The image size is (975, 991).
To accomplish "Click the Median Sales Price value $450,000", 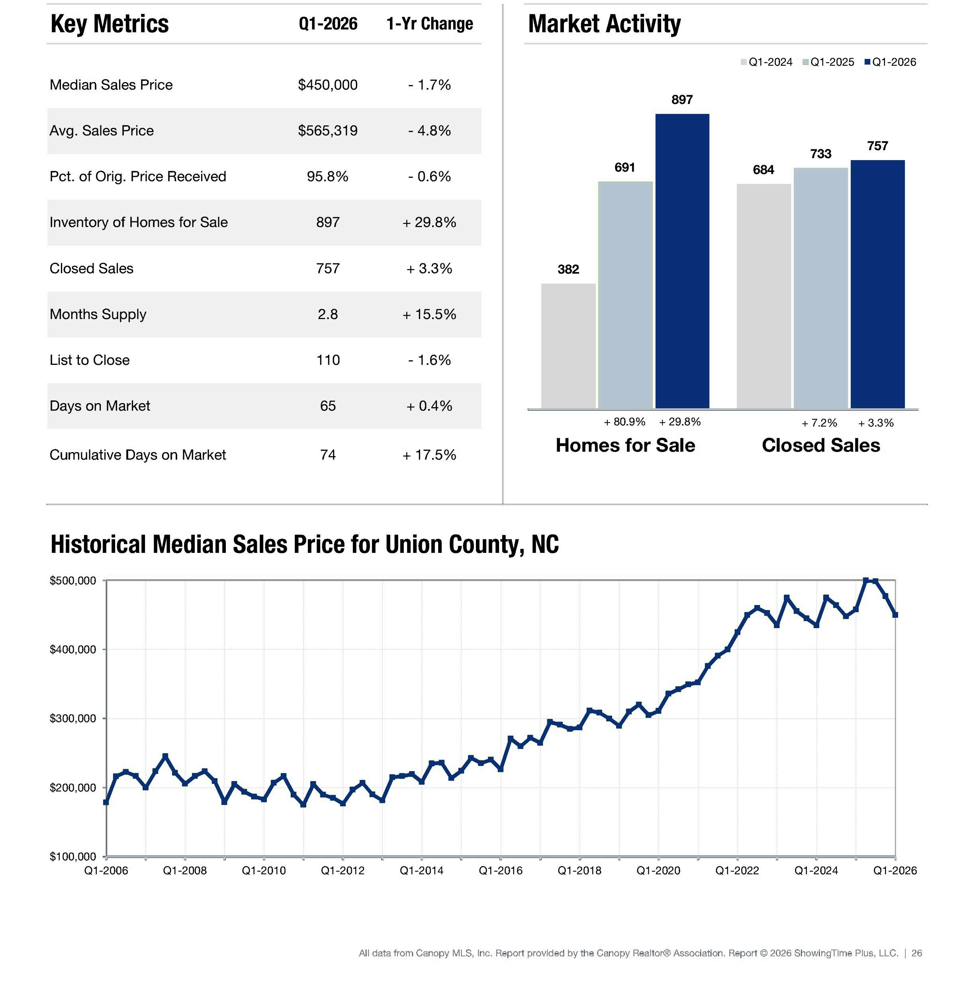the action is tap(328, 84).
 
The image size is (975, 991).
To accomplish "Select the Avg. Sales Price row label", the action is tap(102, 131).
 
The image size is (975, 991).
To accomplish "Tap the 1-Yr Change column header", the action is tap(430, 24).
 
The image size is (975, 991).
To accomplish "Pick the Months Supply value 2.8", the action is tap(328, 314).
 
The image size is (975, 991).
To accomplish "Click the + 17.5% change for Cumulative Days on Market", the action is tap(429, 455).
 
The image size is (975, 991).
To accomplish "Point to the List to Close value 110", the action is tap(328, 360).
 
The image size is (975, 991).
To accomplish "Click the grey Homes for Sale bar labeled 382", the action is tap(568, 346).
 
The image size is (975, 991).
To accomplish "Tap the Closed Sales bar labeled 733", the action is tap(820, 288).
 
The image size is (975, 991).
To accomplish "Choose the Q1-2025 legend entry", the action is tap(828, 62).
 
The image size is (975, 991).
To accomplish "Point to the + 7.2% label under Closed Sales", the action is tap(819, 423).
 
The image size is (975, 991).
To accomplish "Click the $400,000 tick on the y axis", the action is tap(73, 649).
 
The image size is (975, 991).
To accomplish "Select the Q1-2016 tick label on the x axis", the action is tap(500, 871).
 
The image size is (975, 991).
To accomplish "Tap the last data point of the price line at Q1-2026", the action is tap(895, 615).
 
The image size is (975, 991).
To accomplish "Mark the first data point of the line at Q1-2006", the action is tap(106, 803).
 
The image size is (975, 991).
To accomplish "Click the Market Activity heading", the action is tap(604, 24).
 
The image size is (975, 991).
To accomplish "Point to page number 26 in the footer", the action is tap(916, 953).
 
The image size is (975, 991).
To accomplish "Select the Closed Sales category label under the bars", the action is tap(821, 445).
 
